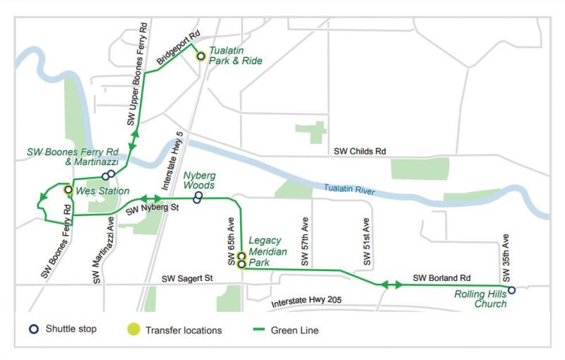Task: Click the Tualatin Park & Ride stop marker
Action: click(x=201, y=56)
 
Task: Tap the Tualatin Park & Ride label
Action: click(x=235, y=56)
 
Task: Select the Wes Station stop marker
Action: click(x=68, y=190)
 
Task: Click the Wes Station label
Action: click(x=102, y=191)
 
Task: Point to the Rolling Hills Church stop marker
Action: click(x=511, y=290)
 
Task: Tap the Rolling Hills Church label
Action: click(x=481, y=299)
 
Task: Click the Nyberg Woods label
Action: click(x=199, y=180)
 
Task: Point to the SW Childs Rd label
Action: click(x=360, y=151)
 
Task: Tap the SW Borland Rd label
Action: click(x=441, y=278)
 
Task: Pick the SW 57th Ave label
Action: click(x=306, y=242)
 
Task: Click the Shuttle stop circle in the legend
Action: click(x=34, y=329)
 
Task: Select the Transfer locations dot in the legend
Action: click(x=133, y=329)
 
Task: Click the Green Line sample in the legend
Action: click(x=256, y=329)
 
